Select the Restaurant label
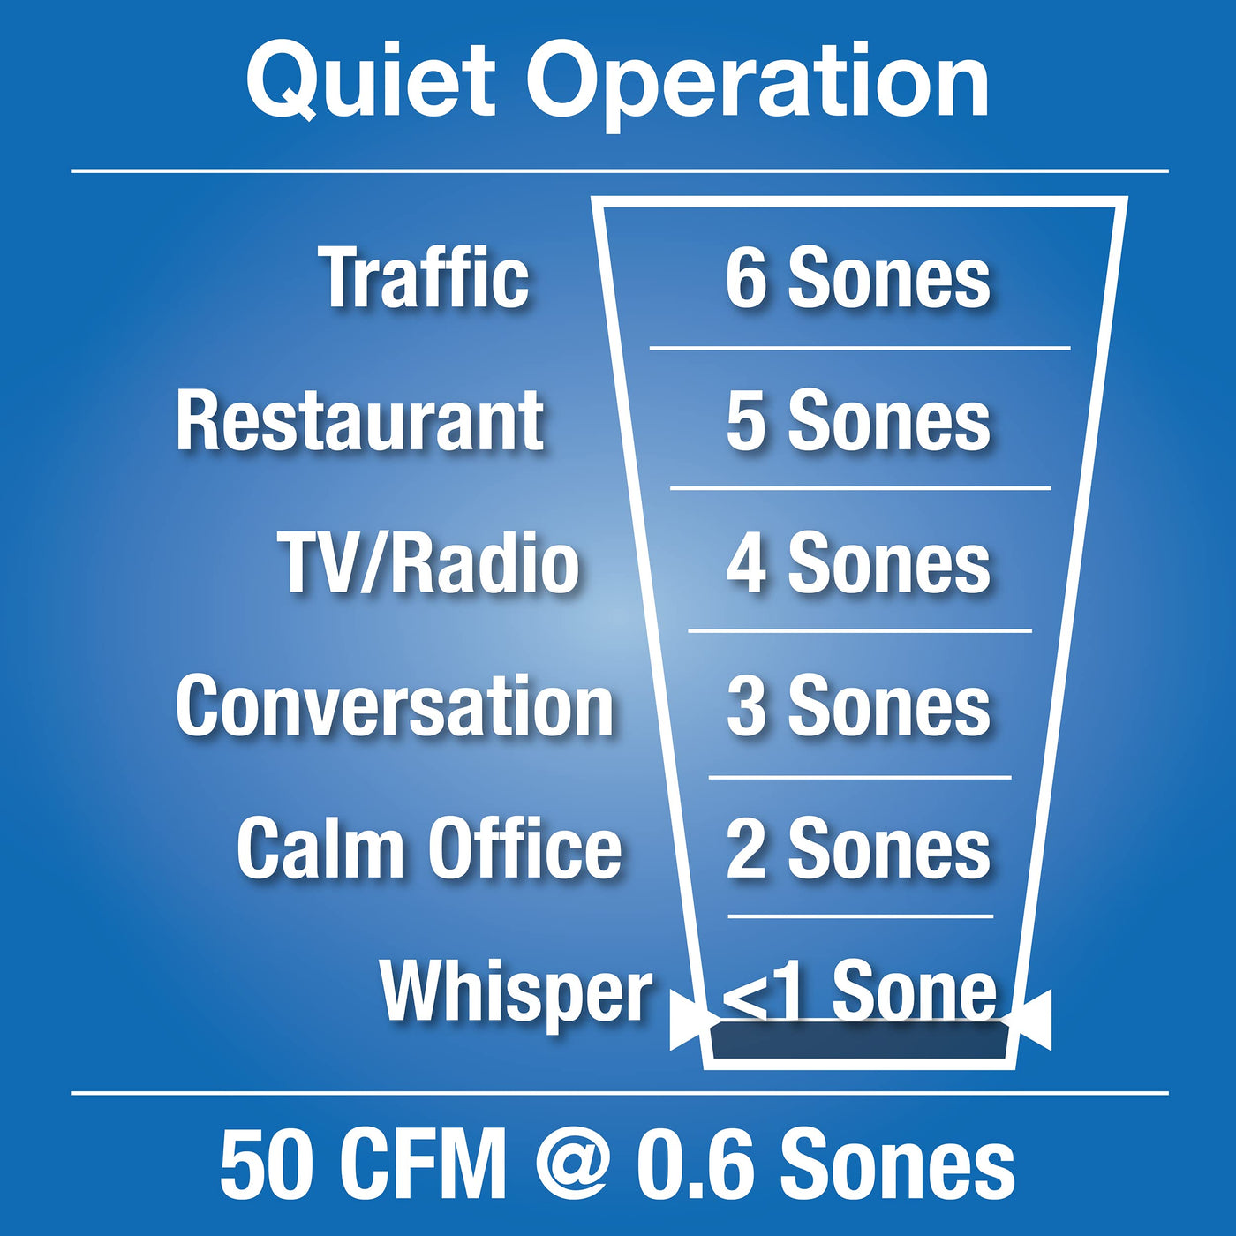coord(360,421)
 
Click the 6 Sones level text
coord(858,278)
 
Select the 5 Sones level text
coord(858,421)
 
